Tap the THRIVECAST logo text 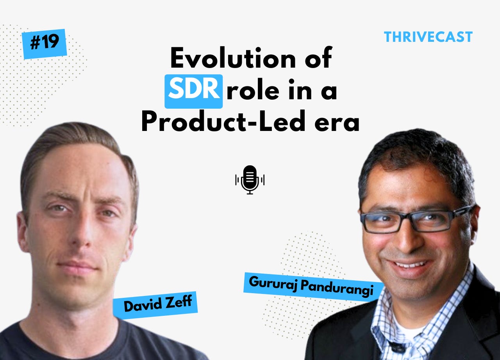[x=428, y=37]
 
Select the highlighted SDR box [x=194, y=91]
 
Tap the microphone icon [x=250, y=180]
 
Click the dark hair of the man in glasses [x=414, y=156]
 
